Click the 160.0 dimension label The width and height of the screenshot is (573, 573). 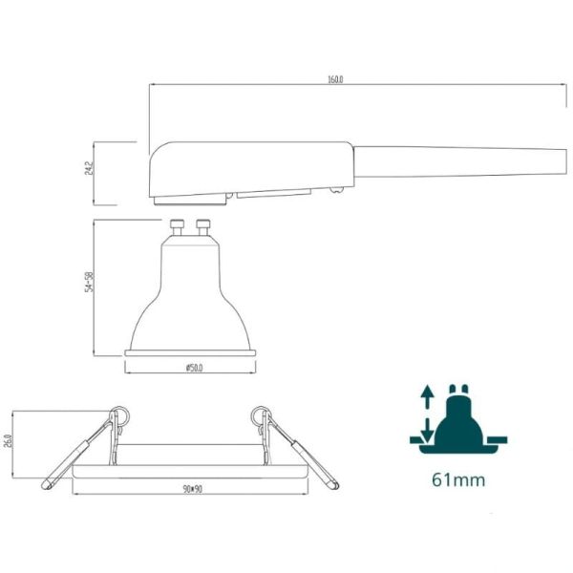(x=334, y=78)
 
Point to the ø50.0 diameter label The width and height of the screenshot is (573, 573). (x=191, y=367)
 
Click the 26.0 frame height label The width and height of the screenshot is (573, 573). (x=8, y=445)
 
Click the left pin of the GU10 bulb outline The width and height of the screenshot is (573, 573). (x=179, y=229)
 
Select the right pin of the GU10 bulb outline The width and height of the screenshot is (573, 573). (x=202, y=229)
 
